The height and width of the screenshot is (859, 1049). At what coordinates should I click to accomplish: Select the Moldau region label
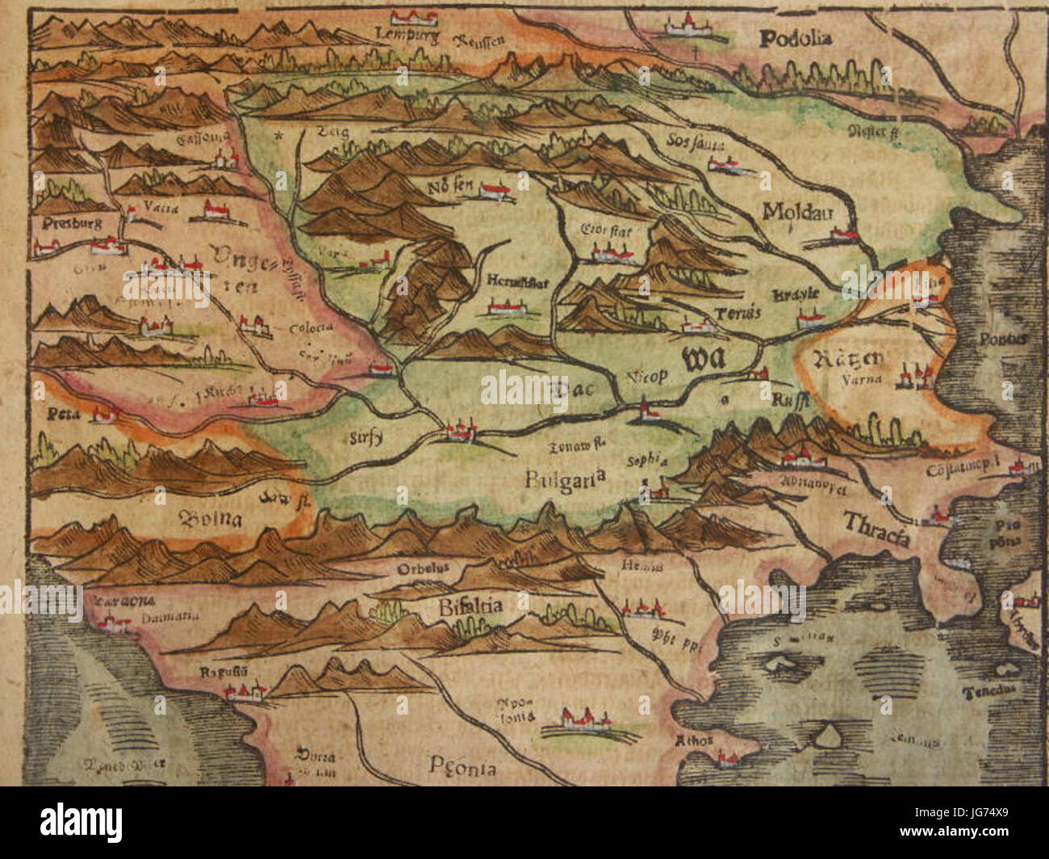(x=796, y=211)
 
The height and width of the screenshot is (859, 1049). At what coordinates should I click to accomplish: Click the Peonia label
(x=463, y=767)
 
